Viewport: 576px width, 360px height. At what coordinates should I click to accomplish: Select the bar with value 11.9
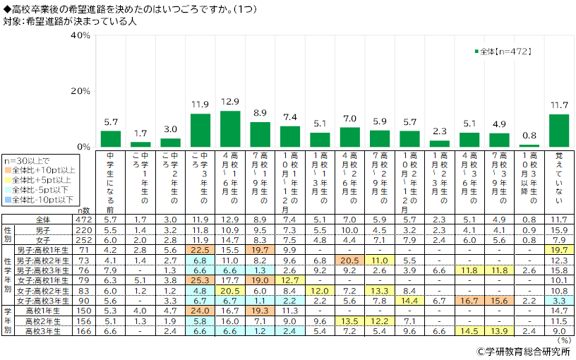tap(200, 130)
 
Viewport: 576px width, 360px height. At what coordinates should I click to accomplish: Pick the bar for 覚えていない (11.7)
tap(558, 131)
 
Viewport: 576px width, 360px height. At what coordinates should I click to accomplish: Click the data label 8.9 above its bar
tap(260, 113)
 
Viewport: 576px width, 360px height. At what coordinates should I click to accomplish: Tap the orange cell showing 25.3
tap(200, 280)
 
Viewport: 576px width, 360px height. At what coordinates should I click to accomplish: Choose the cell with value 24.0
tap(200, 309)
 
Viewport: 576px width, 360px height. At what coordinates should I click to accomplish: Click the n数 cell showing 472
tap(84, 220)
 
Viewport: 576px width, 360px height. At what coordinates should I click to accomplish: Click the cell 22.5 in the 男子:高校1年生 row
tap(200, 250)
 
